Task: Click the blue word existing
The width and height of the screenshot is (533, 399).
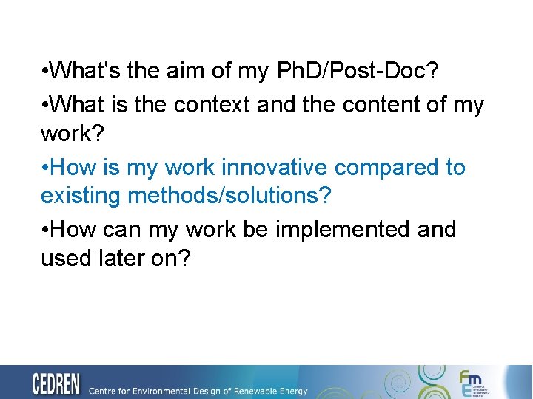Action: point(81,197)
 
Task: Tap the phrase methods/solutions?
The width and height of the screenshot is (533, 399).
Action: point(229,197)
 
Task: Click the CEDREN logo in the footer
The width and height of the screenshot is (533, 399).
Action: point(56,384)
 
